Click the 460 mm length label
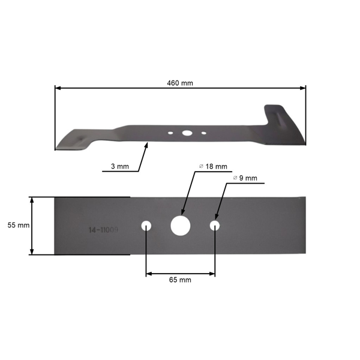click(x=180, y=83)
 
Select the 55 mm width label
click(x=19, y=225)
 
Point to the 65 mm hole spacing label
click(x=180, y=280)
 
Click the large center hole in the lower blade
click(x=179, y=225)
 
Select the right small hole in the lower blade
click(x=215, y=225)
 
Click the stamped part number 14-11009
click(x=103, y=230)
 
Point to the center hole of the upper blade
click(x=187, y=133)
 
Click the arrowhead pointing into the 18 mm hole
click(x=182, y=216)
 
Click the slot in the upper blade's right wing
click(x=279, y=113)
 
